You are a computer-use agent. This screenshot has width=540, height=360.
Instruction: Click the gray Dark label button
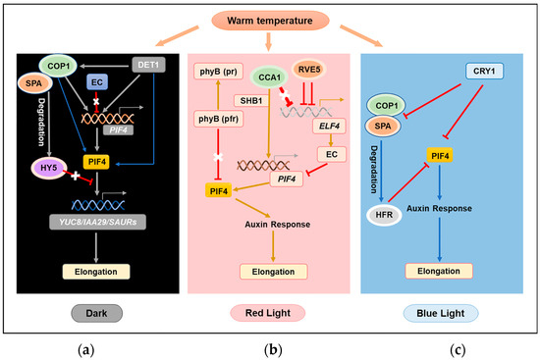point(97,284)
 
